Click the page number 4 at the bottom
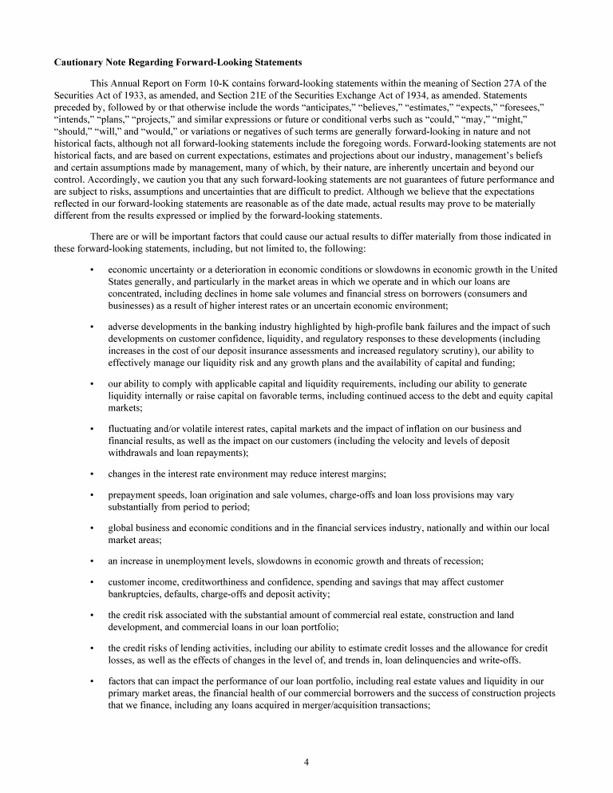(x=306, y=761)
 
